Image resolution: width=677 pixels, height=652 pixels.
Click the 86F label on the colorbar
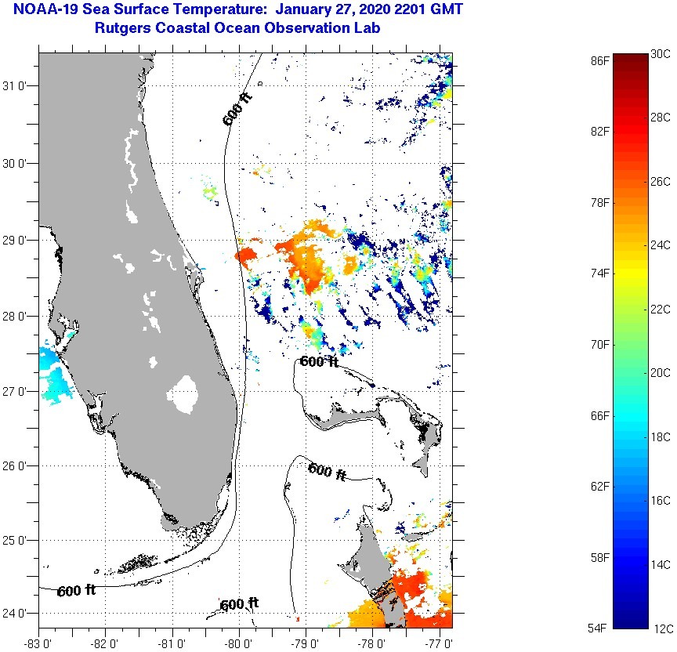click(x=600, y=60)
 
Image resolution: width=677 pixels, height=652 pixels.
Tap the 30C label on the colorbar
click(x=661, y=53)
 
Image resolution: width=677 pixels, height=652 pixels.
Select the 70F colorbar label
click(x=600, y=344)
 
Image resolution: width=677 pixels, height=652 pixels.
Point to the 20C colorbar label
click(x=661, y=373)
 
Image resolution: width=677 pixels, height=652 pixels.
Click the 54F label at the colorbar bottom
click(x=600, y=628)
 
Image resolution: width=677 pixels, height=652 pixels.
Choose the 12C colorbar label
click(x=661, y=628)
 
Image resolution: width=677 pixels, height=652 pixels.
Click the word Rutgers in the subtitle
click(x=122, y=29)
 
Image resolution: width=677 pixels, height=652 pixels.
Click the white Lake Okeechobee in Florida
click(x=186, y=393)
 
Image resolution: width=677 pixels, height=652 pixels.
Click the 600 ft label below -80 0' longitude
click(x=239, y=604)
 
